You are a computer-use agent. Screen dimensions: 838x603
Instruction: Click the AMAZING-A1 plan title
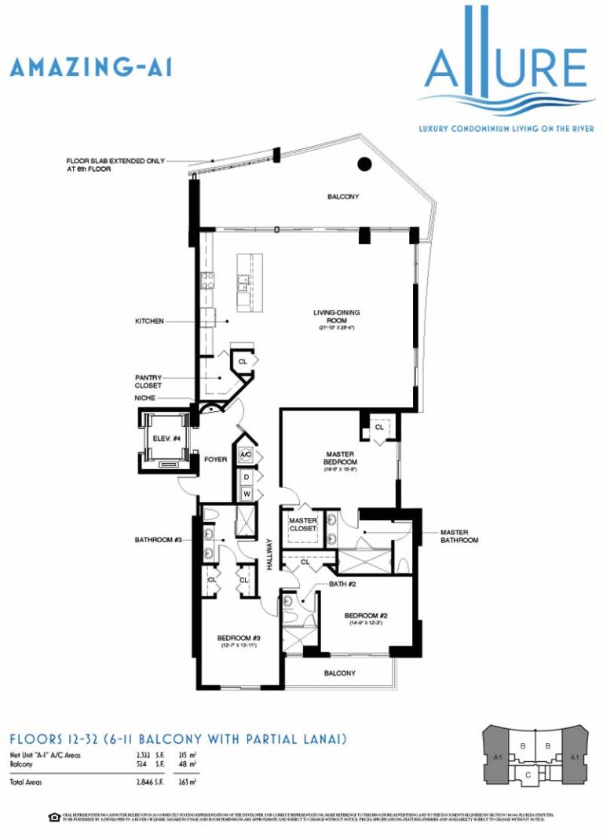pyautogui.click(x=90, y=67)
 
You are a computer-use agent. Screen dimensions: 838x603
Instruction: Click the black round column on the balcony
pyautogui.click(x=364, y=165)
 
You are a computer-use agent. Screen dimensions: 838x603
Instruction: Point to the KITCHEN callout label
pyautogui.click(x=149, y=322)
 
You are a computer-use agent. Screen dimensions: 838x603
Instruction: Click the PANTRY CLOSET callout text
pyautogui.click(x=148, y=381)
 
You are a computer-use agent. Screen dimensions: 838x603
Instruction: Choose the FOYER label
pyautogui.click(x=215, y=461)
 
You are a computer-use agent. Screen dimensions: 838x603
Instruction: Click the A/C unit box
pyautogui.click(x=246, y=455)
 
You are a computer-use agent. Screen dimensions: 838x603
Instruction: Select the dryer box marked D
pyautogui.click(x=246, y=477)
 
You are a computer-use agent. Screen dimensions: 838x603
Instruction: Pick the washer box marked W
pyautogui.click(x=246, y=494)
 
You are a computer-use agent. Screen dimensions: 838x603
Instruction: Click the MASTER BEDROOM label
pyautogui.click(x=342, y=458)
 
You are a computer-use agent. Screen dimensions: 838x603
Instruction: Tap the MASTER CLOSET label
pyautogui.click(x=302, y=524)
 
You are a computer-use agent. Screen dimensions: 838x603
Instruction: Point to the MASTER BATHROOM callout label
pyautogui.click(x=459, y=536)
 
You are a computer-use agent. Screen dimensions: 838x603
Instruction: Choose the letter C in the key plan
pyautogui.click(x=528, y=774)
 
